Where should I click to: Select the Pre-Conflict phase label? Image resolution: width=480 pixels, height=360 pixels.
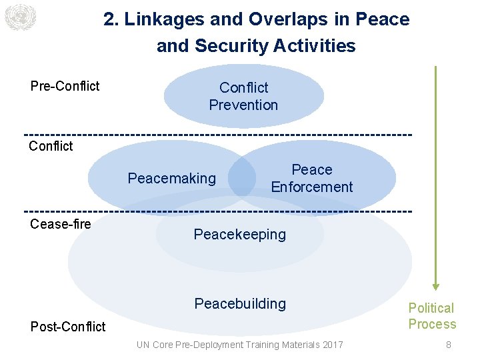click(x=65, y=86)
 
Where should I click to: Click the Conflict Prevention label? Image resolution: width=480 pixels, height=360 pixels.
click(x=243, y=96)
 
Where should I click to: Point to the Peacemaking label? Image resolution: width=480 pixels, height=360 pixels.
click(x=172, y=178)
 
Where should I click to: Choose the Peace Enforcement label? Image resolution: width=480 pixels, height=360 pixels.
click(x=311, y=178)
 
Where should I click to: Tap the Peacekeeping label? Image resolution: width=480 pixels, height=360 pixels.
click(x=239, y=235)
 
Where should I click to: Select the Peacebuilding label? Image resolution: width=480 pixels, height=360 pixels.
click(x=240, y=304)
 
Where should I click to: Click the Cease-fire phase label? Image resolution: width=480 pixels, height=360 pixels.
click(x=61, y=224)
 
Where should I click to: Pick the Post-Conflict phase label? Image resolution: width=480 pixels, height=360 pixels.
click(x=68, y=327)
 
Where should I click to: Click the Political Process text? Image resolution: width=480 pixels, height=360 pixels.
click(x=432, y=316)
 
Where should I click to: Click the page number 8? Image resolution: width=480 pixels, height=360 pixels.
click(x=449, y=345)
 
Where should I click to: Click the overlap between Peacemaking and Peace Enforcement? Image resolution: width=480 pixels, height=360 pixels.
click(x=243, y=177)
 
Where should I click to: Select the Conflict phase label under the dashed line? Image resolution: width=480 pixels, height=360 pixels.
click(x=51, y=146)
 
